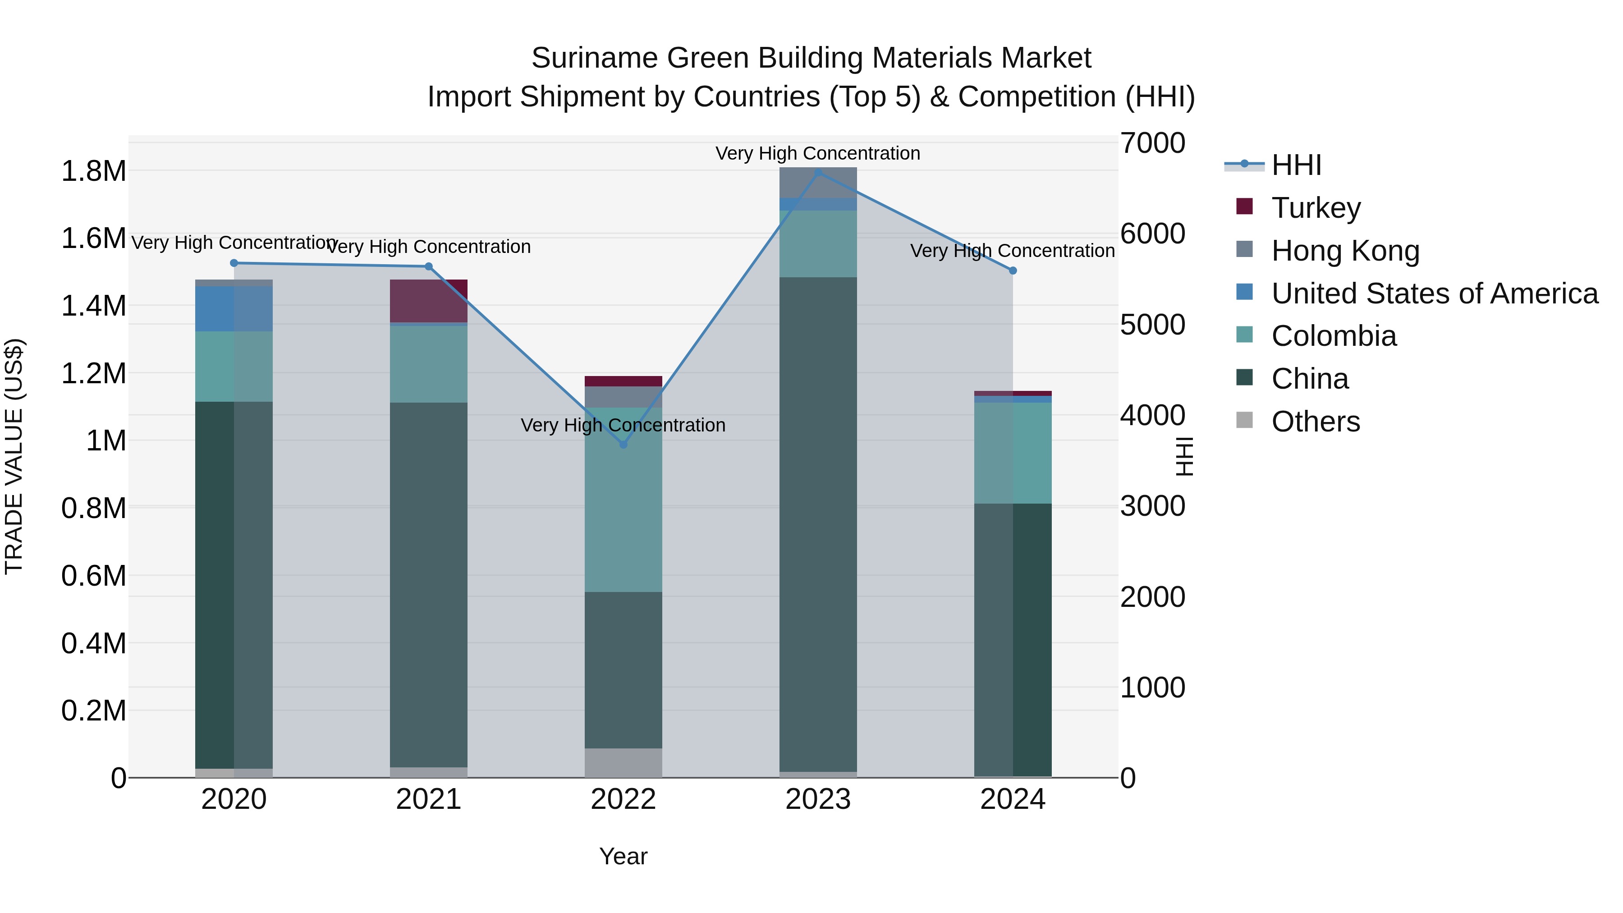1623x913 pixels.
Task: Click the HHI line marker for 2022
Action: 623,444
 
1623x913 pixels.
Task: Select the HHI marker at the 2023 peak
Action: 818,172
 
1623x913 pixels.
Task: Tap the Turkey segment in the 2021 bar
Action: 428,301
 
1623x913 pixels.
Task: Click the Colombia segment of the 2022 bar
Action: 623,499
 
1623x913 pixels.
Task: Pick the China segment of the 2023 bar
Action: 818,523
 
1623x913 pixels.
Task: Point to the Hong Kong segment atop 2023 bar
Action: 818,183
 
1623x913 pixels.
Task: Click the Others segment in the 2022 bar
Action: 623,762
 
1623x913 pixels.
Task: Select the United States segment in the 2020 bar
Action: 234,309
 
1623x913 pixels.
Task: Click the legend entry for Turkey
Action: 1316,207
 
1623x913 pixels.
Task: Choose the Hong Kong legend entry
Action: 1345,250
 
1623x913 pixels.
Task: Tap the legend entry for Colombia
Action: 1333,336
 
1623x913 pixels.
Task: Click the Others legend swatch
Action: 1244,420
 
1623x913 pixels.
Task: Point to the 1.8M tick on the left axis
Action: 93,171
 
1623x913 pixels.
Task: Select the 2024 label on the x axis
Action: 1013,799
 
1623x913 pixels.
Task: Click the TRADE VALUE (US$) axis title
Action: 14,456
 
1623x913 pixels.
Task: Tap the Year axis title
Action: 623,856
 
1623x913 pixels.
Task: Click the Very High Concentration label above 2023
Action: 817,153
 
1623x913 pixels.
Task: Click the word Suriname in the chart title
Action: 594,58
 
